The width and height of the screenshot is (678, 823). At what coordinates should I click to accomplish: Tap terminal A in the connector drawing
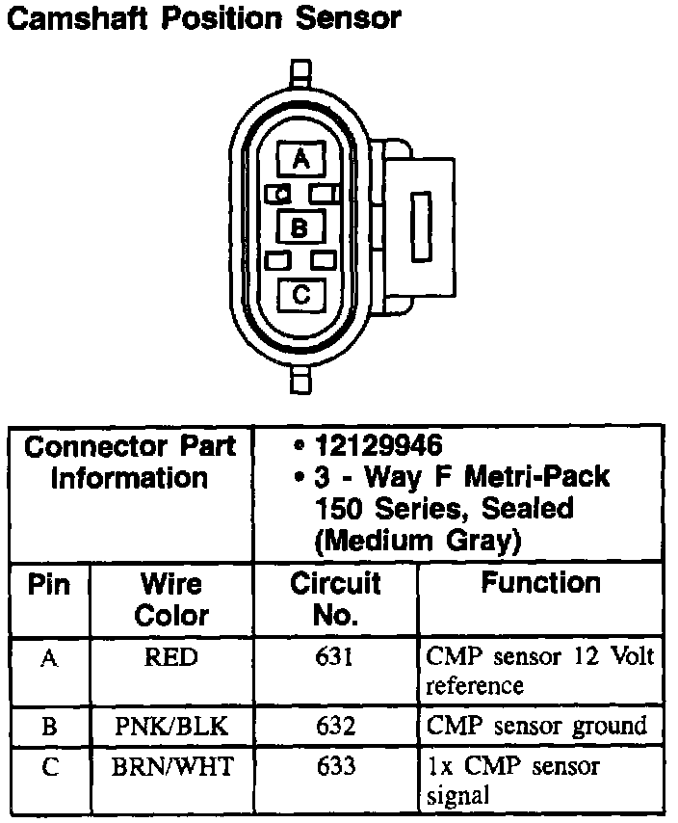(301, 159)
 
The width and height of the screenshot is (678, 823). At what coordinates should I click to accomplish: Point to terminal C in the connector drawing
(301, 295)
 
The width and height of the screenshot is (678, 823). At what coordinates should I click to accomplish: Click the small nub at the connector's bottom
(301, 382)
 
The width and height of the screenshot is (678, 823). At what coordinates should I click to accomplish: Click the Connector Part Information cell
(130, 462)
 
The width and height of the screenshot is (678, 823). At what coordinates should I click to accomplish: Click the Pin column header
(49, 584)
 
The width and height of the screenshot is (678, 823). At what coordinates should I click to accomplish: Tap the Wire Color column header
(171, 598)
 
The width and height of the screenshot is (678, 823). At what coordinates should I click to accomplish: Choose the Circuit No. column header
(335, 598)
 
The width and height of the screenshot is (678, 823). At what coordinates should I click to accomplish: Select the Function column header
(540, 583)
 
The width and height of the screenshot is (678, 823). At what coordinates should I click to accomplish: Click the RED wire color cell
(171, 658)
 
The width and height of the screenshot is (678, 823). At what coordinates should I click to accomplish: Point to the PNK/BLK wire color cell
(171, 726)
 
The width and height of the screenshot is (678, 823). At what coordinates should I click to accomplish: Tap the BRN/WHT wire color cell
(171, 767)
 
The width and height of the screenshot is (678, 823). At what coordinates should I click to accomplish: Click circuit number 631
(335, 658)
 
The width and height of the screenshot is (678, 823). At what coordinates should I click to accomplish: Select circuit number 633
(335, 767)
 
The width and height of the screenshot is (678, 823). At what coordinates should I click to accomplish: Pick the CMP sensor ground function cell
(536, 726)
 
